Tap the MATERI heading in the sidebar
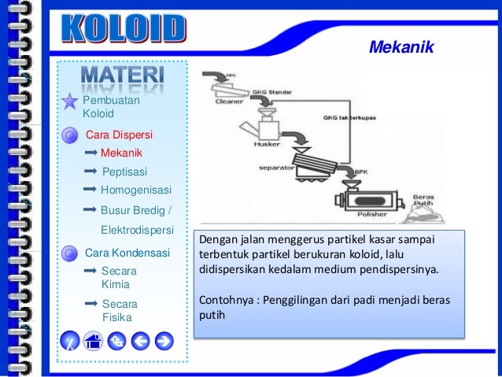[x=122, y=77]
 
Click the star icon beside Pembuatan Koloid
[x=69, y=102]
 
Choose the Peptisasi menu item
[x=124, y=171]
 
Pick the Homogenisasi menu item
[x=135, y=190]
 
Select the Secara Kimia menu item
[x=119, y=277]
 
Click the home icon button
[x=94, y=341]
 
